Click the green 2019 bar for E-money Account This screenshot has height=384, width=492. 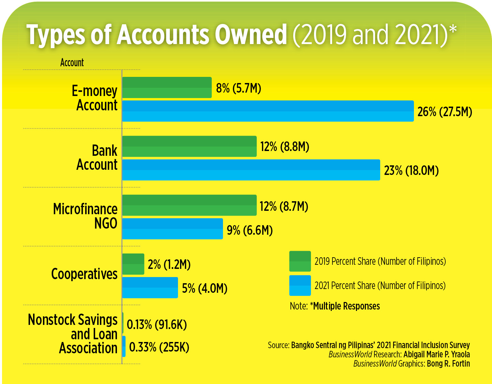(x=167, y=87)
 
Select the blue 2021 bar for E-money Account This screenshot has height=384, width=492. (x=268, y=111)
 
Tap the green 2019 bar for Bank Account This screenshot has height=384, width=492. (x=189, y=146)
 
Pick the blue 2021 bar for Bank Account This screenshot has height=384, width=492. (x=251, y=170)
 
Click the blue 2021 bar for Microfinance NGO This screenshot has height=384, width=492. (x=173, y=229)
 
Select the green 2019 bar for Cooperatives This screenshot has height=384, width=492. (x=133, y=264)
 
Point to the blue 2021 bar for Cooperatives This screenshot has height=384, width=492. (x=150, y=288)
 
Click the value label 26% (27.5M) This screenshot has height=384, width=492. (x=445, y=112)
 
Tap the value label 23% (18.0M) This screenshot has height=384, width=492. (x=411, y=170)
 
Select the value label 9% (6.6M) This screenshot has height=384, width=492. (x=250, y=230)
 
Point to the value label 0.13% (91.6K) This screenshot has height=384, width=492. (x=156, y=324)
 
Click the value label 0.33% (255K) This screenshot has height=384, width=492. (x=159, y=347)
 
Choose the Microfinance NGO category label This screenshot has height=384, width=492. (x=85, y=216)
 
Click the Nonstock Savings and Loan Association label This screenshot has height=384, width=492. (x=73, y=334)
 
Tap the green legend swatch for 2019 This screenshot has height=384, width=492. (x=300, y=261)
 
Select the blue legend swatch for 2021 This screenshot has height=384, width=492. (x=300, y=285)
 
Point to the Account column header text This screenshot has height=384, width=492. (x=72, y=63)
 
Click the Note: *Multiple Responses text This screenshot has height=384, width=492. (x=334, y=306)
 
